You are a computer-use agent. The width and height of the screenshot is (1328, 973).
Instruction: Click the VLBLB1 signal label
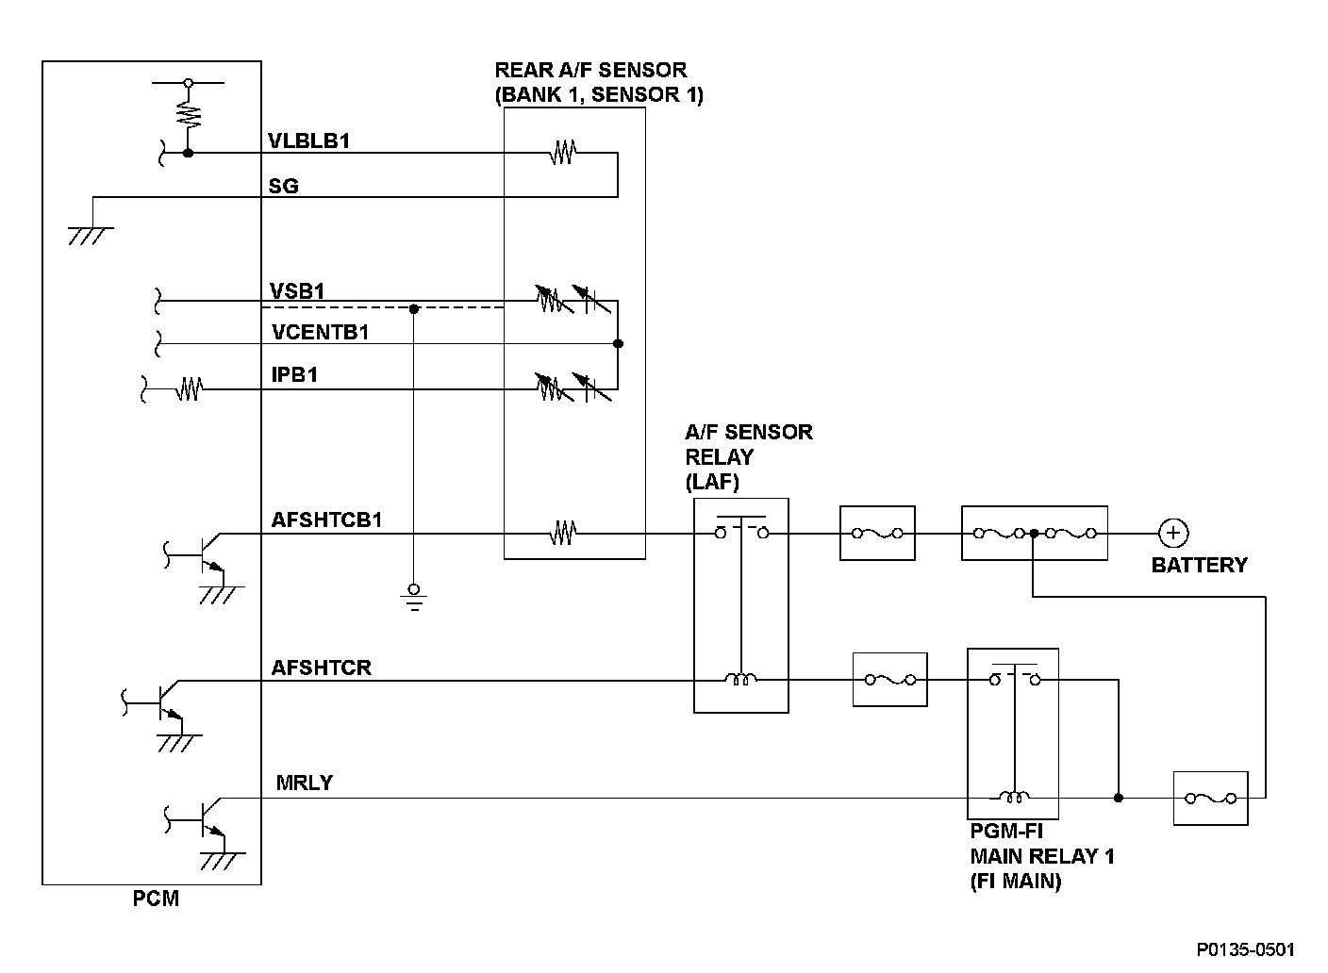(309, 141)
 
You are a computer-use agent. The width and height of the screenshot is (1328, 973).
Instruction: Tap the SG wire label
(284, 186)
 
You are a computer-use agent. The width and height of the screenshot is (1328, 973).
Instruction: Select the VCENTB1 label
(320, 332)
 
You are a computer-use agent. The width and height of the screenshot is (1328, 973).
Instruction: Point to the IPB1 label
(294, 375)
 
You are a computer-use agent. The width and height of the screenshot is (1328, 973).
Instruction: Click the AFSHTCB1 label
(326, 519)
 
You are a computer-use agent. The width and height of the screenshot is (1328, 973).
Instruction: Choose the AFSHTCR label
(321, 668)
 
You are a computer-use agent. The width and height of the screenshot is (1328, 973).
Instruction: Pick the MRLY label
(304, 783)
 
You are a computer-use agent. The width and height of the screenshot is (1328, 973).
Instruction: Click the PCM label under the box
(156, 899)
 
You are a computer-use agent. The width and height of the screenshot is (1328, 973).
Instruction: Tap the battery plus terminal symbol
(1173, 533)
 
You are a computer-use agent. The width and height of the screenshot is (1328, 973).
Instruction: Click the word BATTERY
(1199, 566)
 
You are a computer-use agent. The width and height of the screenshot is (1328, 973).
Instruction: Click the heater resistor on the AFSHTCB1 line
(563, 534)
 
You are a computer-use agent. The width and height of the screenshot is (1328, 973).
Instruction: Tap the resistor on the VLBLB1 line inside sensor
(563, 152)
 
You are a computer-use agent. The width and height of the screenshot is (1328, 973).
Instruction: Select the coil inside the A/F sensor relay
(740, 679)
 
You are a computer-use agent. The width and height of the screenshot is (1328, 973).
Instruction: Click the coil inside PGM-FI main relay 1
(1014, 798)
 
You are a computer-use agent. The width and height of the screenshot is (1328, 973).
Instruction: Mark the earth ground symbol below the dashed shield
(413, 598)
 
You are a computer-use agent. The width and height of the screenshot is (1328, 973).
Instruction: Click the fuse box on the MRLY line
(1210, 799)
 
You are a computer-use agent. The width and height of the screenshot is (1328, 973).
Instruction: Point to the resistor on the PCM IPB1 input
(190, 388)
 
